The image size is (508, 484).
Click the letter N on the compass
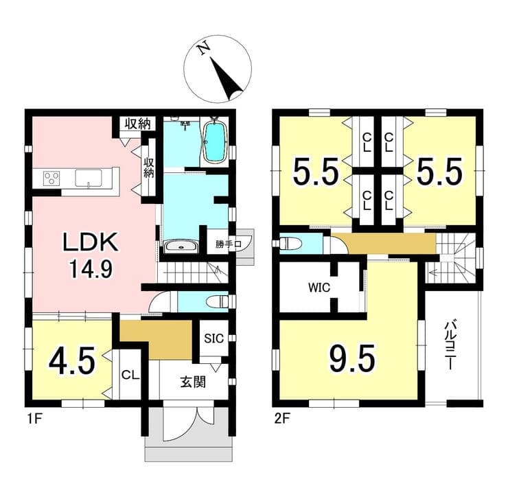pos(204,49)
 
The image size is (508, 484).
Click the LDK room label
pos(90,242)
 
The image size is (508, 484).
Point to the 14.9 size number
pos(91,269)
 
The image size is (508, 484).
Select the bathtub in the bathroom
pos(214,142)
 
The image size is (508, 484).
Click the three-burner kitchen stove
pos(52,178)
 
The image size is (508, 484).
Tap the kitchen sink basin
pos(89,178)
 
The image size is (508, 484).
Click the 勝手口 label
pos(229,244)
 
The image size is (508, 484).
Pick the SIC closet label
pos(213,338)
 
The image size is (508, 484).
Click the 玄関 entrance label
pos(193,382)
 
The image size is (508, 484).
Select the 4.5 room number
pos(72,360)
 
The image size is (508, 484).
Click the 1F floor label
pos(34,419)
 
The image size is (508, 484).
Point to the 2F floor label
pos(282,419)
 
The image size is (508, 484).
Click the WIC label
pos(319,288)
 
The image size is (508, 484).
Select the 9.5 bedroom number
pos(352,358)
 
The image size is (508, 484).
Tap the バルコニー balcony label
pos(450,345)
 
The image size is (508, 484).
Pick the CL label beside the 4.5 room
pos(130,375)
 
